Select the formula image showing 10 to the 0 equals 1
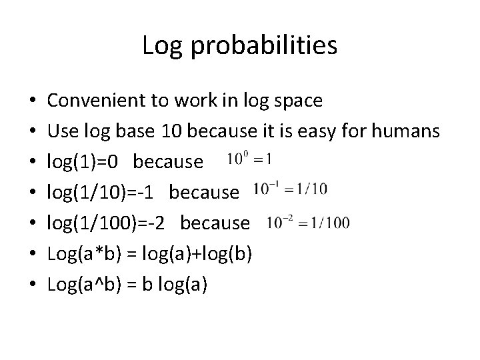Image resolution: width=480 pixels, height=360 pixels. click(x=249, y=159)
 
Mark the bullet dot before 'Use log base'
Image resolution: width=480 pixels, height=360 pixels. click(x=33, y=132)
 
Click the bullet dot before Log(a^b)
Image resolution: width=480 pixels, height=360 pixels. click(x=33, y=285)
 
